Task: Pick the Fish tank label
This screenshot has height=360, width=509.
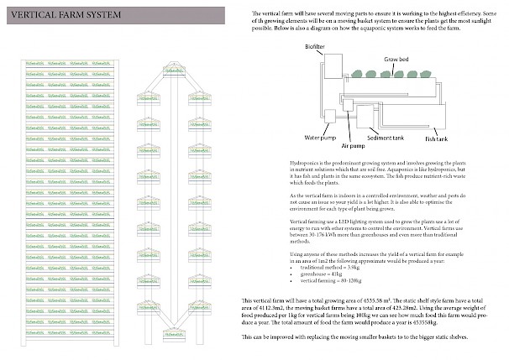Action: tap(437, 137)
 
